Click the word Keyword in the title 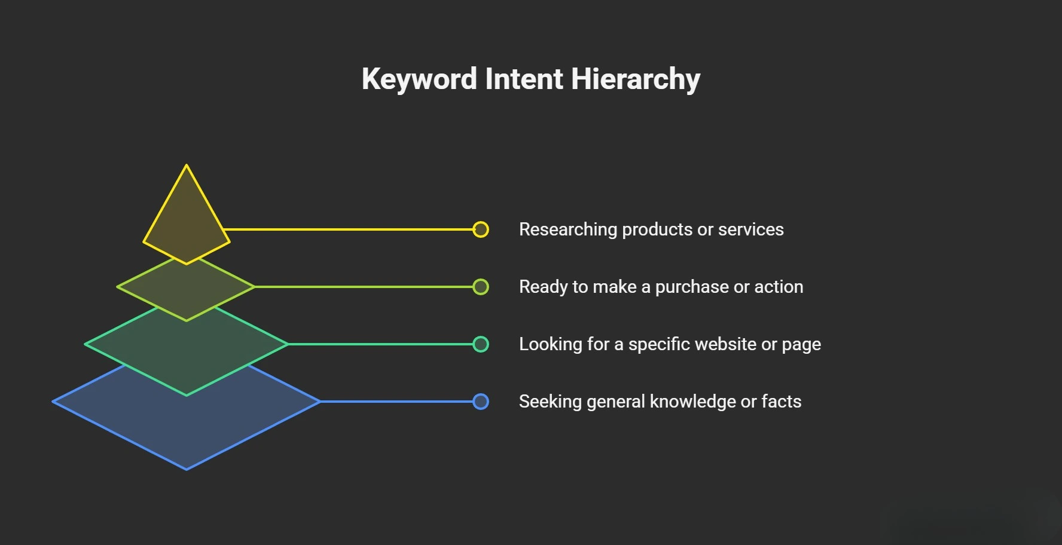(419, 79)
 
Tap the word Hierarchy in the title (635, 79)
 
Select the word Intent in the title (524, 79)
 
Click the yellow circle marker (481, 229)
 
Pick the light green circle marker (481, 287)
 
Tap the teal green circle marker (481, 344)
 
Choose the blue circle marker (481, 402)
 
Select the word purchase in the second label (692, 287)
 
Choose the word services (750, 230)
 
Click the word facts (781, 402)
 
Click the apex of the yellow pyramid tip (187, 167)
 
